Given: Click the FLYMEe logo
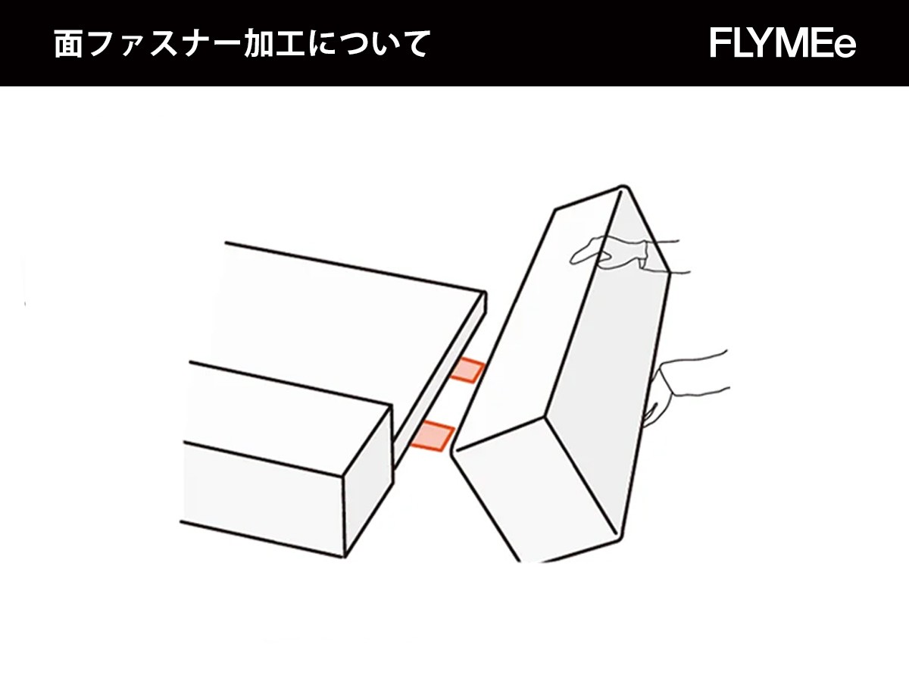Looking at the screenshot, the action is point(782,43).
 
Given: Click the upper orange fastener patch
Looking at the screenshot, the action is point(467,371).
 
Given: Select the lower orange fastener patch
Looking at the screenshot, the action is point(433,435).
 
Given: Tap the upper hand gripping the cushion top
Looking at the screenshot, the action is point(629,255).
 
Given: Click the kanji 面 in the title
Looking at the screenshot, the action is point(69,43).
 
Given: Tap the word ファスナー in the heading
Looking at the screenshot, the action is point(166,43).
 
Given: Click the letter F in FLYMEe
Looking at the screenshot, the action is point(720,43).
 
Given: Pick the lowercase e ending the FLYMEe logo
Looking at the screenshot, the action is point(845,47).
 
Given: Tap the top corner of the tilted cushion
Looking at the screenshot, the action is point(624,186).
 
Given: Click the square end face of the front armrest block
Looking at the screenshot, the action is point(367,481).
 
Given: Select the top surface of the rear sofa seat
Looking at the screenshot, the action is point(344,327).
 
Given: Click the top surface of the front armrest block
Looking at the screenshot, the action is point(286,418).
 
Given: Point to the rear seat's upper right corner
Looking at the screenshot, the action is point(485,293).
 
